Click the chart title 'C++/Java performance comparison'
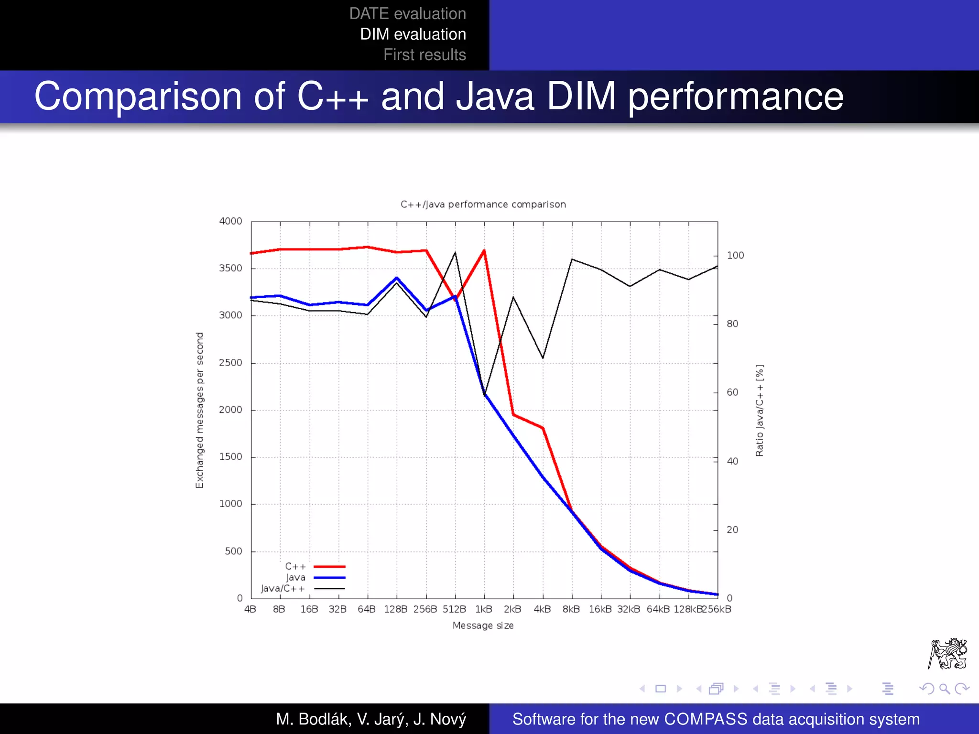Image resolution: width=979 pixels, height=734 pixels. (483, 205)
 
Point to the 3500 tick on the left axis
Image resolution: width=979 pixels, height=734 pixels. (230, 268)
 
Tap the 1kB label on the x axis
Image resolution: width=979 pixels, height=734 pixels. (484, 609)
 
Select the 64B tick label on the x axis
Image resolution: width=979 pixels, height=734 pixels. (367, 609)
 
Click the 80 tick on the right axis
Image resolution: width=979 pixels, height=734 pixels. (732, 324)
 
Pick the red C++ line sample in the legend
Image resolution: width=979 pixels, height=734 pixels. (329, 567)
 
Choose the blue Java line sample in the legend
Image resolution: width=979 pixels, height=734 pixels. (329, 578)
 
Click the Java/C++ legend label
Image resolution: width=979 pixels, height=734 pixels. (283, 589)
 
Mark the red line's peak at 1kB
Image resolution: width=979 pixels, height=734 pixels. (484, 250)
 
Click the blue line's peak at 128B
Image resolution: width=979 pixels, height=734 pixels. (397, 278)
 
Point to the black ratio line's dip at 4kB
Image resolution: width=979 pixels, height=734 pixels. (543, 358)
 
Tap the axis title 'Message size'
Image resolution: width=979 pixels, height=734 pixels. (483, 626)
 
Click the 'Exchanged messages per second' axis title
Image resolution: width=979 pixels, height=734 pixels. (200, 410)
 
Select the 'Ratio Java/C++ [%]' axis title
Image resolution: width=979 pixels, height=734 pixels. (760, 410)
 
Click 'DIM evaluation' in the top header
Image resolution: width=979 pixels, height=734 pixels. (413, 34)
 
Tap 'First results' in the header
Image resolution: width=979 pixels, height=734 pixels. (424, 55)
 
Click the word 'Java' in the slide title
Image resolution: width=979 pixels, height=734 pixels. (495, 97)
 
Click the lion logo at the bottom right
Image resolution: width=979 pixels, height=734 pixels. (947, 654)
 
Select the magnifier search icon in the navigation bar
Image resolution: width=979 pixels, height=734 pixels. (945, 689)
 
